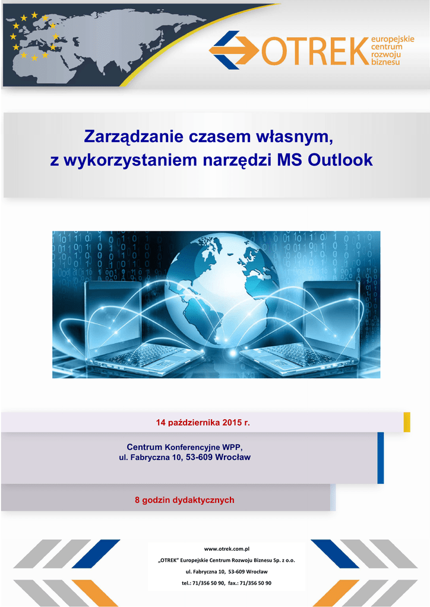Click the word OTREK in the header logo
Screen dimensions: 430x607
point(315,51)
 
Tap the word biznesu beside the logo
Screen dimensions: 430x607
point(385,62)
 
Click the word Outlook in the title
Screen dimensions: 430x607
point(340,160)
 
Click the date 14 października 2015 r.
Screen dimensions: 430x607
point(203,422)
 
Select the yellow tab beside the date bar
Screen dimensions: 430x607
point(407,422)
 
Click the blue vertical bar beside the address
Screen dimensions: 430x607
point(380,458)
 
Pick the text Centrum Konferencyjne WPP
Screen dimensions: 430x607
point(185,448)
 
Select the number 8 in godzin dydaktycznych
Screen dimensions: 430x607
point(137,500)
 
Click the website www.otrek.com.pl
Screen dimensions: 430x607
point(226,548)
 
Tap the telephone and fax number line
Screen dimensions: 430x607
point(226,583)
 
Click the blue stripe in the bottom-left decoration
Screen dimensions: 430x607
point(96,554)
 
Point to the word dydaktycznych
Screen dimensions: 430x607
point(203,500)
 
